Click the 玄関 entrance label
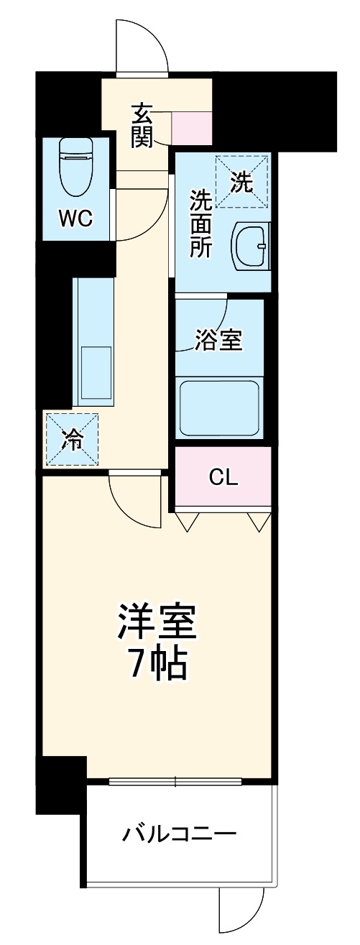(142, 125)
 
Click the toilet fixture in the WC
(75, 164)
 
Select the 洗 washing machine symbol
(241, 183)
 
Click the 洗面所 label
(200, 223)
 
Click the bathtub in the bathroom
(219, 407)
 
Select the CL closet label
(223, 477)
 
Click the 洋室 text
(157, 623)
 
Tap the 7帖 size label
(157, 665)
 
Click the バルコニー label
(179, 836)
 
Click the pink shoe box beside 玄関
(192, 126)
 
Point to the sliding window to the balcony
(175, 782)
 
